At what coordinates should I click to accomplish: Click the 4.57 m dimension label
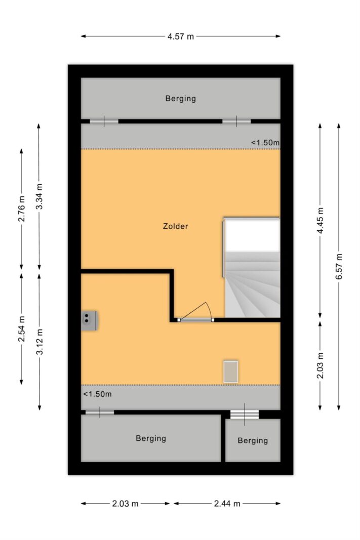point(181,36)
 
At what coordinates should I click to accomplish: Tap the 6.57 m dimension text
point(339,267)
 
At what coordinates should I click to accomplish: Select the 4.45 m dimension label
point(321,221)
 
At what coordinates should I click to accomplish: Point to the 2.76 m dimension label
point(22,209)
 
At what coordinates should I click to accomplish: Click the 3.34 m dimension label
point(39,196)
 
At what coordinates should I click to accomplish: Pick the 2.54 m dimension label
point(22,329)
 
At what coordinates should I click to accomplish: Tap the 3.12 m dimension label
point(39,342)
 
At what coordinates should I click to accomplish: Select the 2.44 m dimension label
point(227,504)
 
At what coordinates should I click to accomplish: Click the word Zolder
point(175,226)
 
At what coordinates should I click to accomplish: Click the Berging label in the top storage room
point(181,99)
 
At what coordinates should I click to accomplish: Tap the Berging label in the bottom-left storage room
point(151,438)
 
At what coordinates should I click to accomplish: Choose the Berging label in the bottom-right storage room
point(253,440)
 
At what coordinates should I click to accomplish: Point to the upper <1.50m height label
point(265,143)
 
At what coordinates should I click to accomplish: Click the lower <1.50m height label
point(97,394)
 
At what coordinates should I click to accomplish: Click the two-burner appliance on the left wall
point(89,321)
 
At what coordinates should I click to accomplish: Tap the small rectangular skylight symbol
point(231,371)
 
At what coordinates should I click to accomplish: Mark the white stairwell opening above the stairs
point(252,236)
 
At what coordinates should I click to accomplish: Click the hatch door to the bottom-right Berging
point(245,414)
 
